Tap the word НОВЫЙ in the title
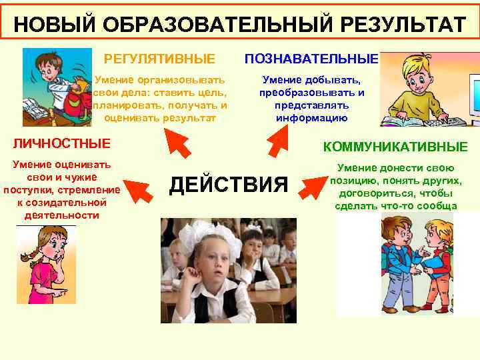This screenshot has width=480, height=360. point(47,25)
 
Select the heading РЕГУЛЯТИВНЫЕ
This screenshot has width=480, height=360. point(160,59)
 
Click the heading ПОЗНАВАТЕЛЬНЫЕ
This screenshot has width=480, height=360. point(311,59)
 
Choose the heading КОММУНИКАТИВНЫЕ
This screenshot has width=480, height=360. point(395,147)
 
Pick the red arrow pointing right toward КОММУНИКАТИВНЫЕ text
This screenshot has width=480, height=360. point(311,186)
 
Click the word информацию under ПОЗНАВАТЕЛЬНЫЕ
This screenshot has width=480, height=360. point(311,118)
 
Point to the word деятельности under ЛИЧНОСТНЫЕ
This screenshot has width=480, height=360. point(61,215)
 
